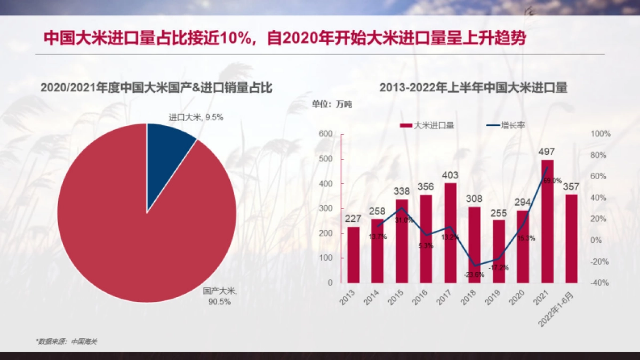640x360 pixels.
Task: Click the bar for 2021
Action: [x=547, y=221]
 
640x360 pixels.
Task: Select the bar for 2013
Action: [x=353, y=254]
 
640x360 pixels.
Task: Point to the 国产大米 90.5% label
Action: [x=219, y=297]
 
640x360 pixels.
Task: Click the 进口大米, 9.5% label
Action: [x=196, y=117]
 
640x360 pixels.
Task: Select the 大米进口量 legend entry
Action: [x=427, y=126]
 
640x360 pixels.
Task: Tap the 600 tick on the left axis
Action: [x=325, y=134]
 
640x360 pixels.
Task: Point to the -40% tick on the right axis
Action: [x=601, y=283]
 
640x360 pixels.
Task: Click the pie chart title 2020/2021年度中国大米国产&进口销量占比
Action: [x=157, y=88]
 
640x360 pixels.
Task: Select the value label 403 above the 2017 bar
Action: [x=450, y=175]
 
